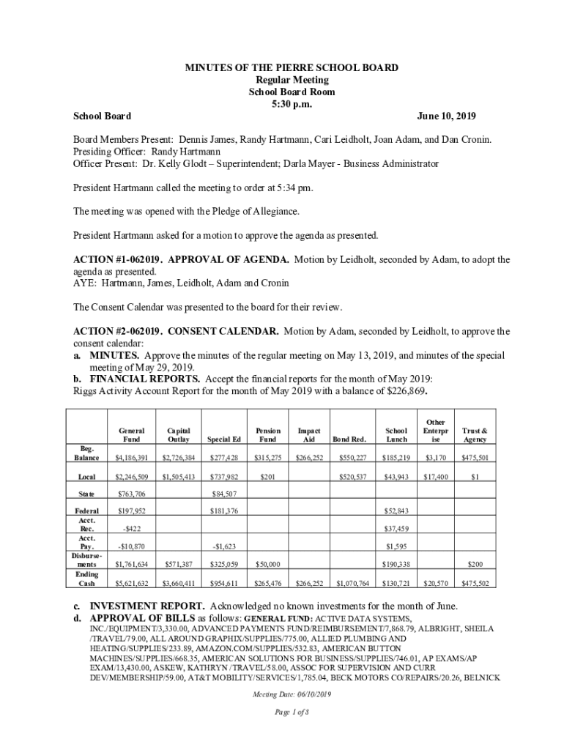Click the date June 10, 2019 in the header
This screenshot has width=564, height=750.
click(x=446, y=116)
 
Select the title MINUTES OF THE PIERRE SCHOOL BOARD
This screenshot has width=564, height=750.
click(x=292, y=67)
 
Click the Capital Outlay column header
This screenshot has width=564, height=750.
click(x=179, y=435)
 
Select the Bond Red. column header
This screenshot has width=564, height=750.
click(x=349, y=439)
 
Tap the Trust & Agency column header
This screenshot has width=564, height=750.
click(x=475, y=435)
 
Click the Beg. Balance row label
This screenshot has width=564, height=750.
click(x=86, y=453)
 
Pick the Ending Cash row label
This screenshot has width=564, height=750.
click(x=86, y=579)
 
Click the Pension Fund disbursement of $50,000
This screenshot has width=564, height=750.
click(x=267, y=565)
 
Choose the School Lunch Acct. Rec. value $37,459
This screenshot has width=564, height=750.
click(x=396, y=528)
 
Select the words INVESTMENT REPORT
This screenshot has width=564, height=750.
click(x=147, y=606)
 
